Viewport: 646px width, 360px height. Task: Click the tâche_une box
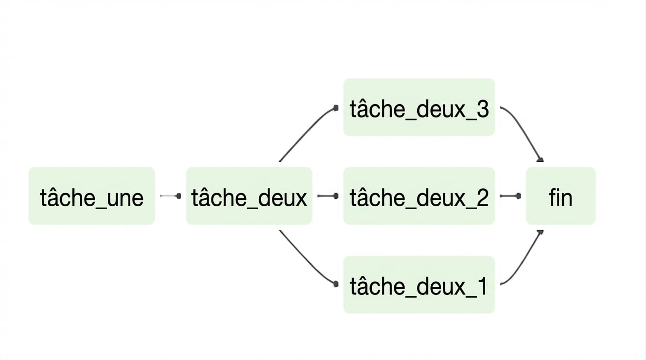tap(92, 196)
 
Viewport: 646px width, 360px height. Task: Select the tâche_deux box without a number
tap(249, 196)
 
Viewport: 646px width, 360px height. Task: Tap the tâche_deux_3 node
tap(419, 107)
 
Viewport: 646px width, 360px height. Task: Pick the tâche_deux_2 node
tap(419, 196)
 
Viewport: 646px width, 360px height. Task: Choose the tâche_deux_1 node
tap(419, 285)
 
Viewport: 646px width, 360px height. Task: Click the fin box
tap(561, 196)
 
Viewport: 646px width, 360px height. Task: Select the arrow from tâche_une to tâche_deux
tap(171, 196)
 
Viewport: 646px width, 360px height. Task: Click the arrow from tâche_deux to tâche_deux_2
tap(328, 196)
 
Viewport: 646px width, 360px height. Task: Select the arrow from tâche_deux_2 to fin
tap(511, 196)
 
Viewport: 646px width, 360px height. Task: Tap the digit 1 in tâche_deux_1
tap(481, 286)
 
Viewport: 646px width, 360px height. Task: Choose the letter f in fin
tap(552, 197)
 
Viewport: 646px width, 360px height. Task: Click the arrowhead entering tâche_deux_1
tap(336, 284)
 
